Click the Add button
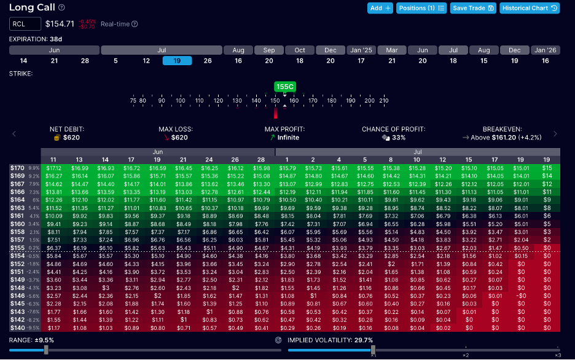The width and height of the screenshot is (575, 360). pyautogui.click(x=380, y=8)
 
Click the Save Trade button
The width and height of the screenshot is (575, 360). pyautogui.click(x=473, y=8)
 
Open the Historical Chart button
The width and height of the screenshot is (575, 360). pyautogui.click(x=529, y=8)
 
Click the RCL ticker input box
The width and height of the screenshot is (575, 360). pyautogui.click(x=25, y=24)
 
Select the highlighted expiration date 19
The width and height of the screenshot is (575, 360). pyautogui.click(x=177, y=61)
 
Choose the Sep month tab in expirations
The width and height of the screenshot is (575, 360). pyautogui.click(x=269, y=50)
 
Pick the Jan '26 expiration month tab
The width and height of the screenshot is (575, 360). pyautogui.click(x=545, y=50)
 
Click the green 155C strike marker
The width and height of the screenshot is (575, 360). pyautogui.click(x=284, y=87)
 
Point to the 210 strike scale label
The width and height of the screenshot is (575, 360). pyautogui.click(x=384, y=100)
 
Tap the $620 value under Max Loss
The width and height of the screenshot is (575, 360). pyautogui.click(x=179, y=138)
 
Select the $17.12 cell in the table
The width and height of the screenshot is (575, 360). pyautogui.click(x=53, y=168)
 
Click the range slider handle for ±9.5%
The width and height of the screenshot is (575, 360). pyautogui.click(x=46, y=350)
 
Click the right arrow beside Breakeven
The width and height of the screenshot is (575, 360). pyautogui.click(x=555, y=133)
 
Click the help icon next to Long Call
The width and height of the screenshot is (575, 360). pyautogui.click(x=61, y=7)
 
